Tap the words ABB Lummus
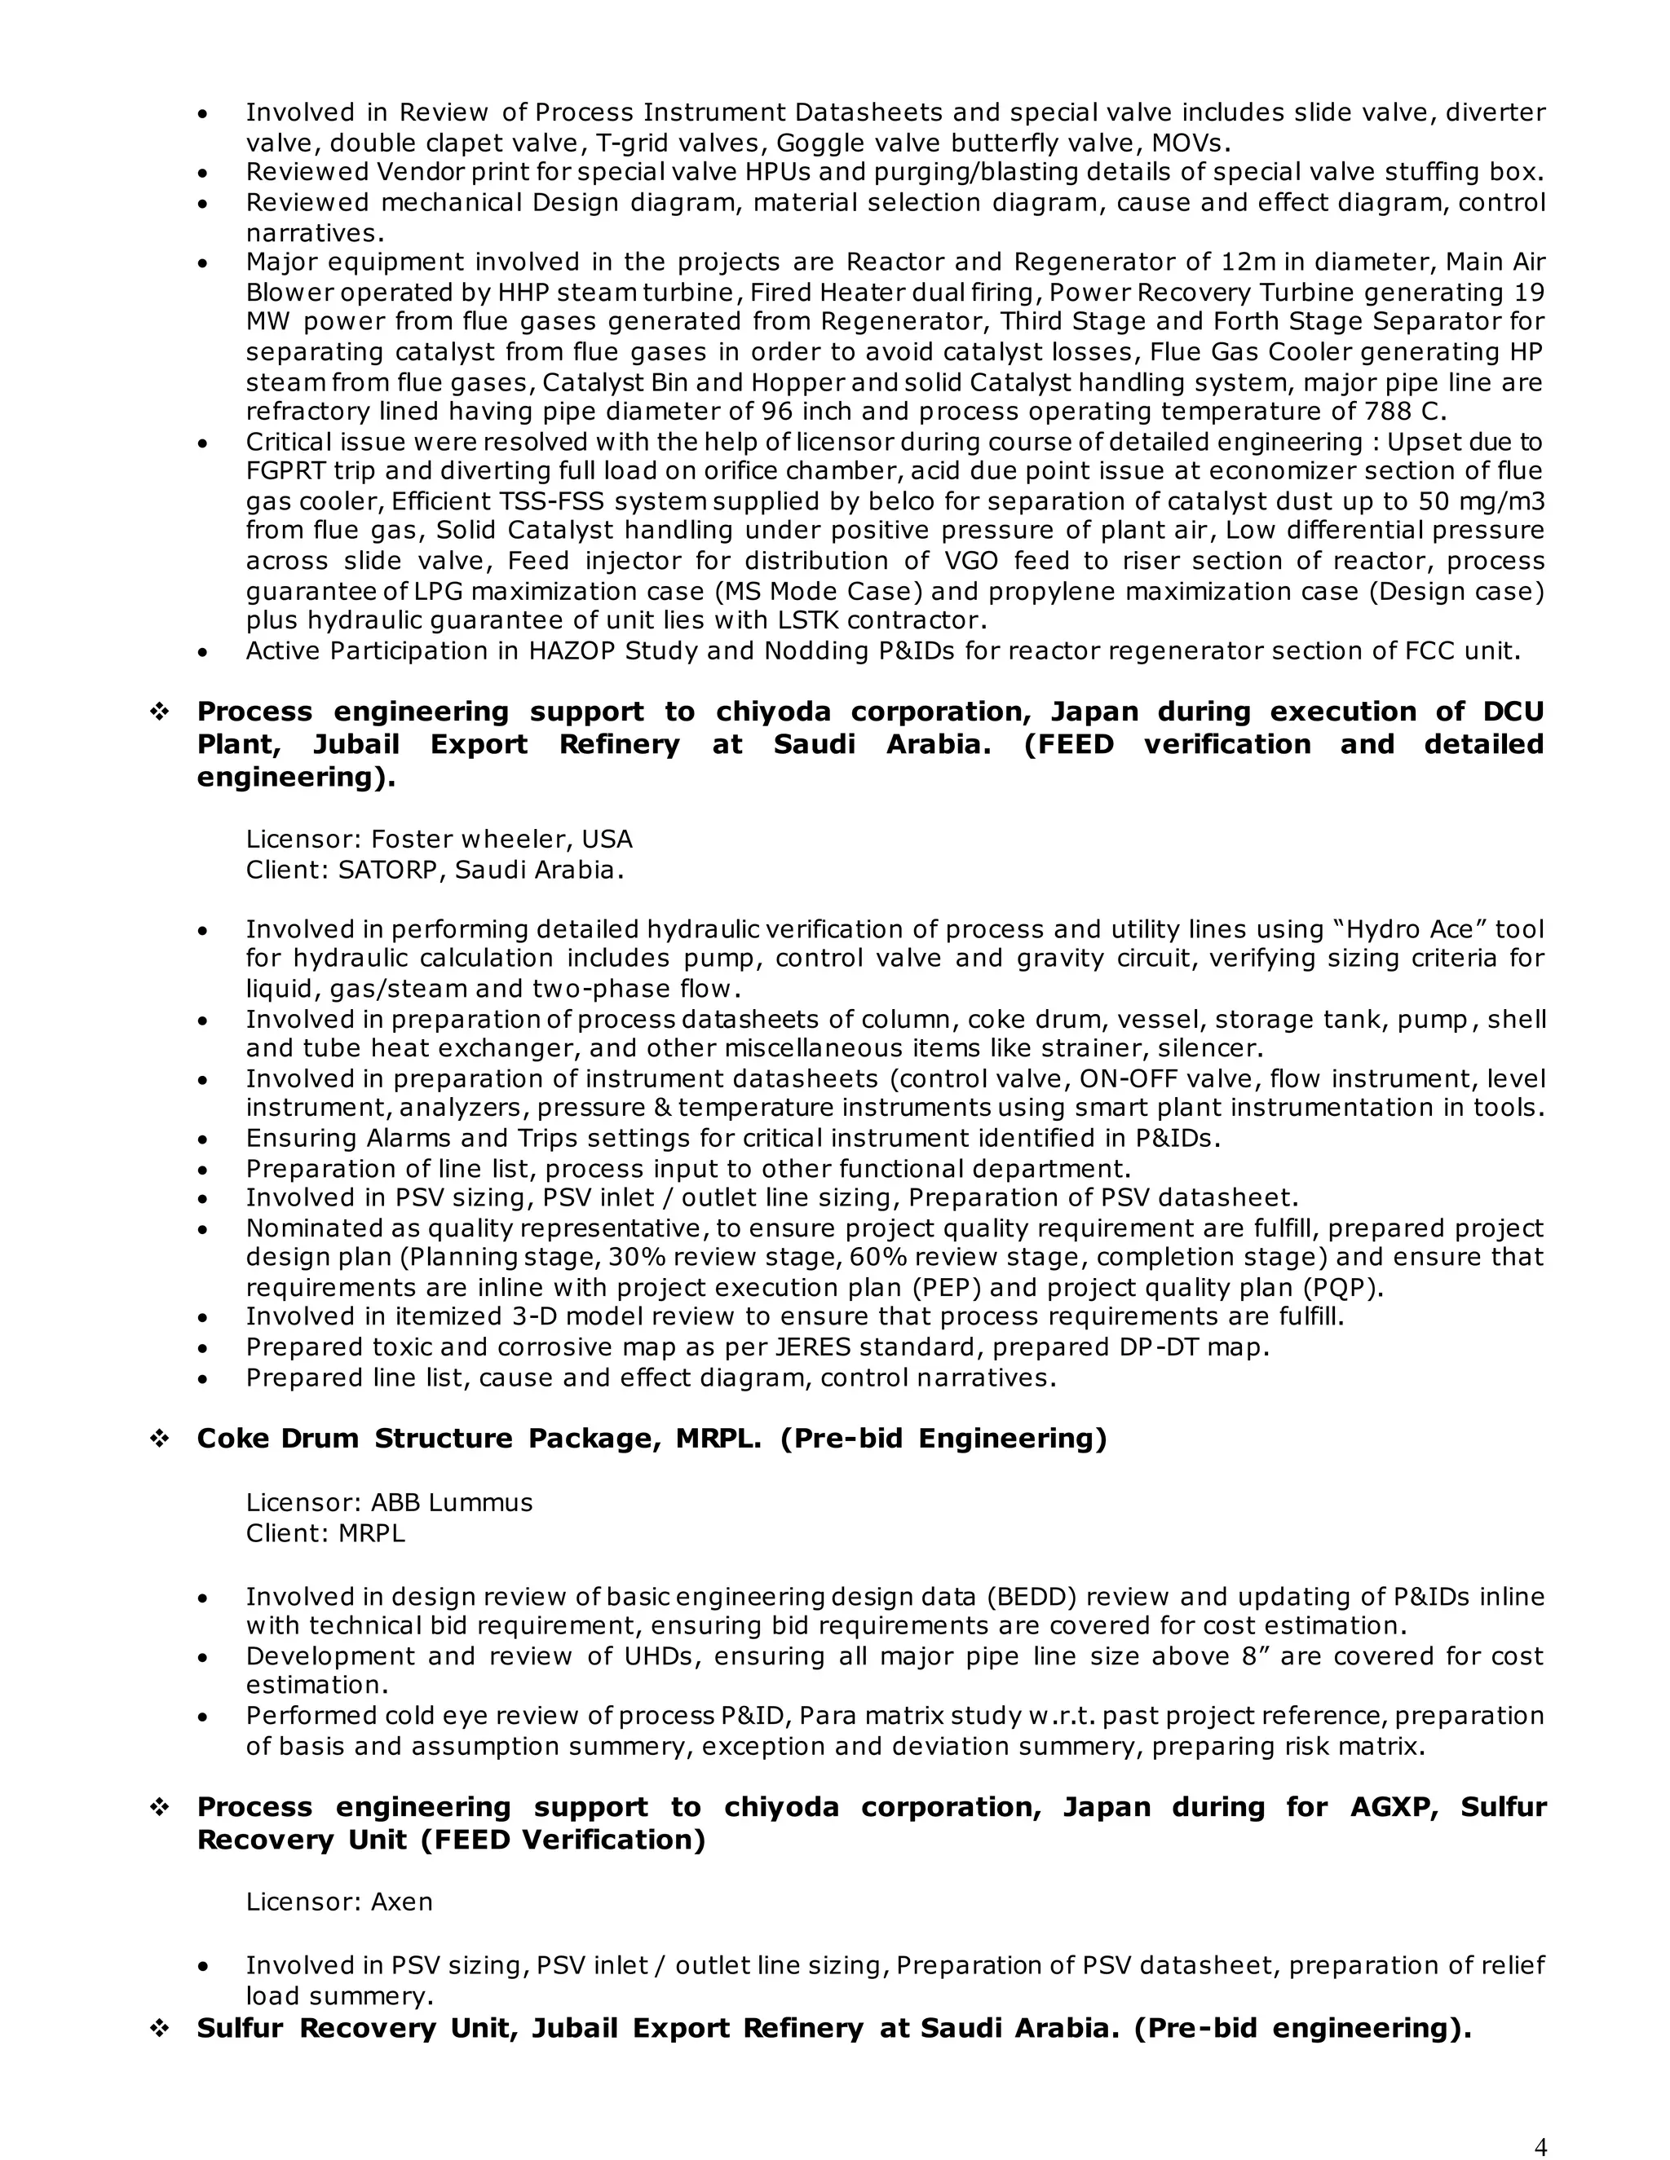click(451, 1502)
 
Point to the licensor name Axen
click(402, 1902)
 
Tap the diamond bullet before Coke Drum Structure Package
click(158, 1439)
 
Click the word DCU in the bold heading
click(1513, 712)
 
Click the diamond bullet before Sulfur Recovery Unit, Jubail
click(158, 2030)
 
